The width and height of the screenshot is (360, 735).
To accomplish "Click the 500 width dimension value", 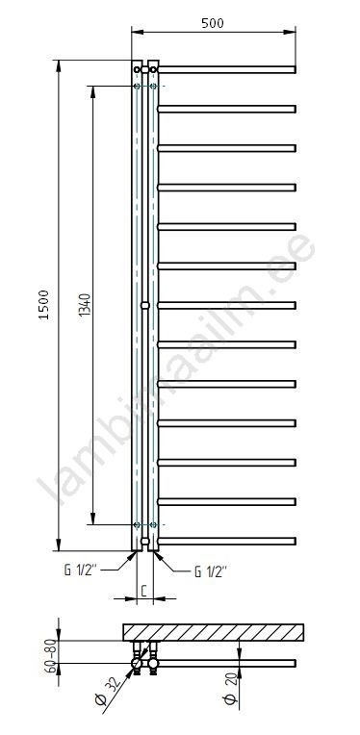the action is (x=213, y=23).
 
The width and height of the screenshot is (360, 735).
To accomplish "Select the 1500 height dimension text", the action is (x=44, y=305).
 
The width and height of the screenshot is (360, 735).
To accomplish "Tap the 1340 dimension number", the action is (x=85, y=305).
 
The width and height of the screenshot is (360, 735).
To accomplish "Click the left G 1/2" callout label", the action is (x=80, y=570).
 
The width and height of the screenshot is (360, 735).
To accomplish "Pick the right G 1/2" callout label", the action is (x=211, y=571).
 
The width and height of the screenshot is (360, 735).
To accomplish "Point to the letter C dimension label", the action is (x=144, y=591).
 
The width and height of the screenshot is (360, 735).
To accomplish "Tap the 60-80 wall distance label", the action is (x=51, y=656).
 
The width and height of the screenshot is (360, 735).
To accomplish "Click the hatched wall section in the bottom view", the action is (x=214, y=632).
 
